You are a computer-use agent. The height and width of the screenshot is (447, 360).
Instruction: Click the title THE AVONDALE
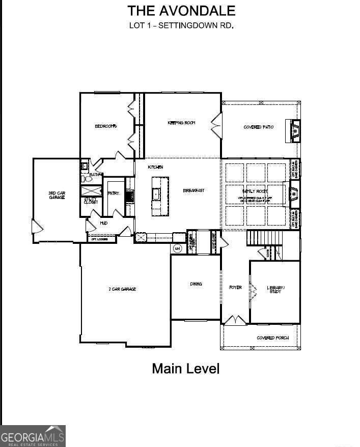[181, 11]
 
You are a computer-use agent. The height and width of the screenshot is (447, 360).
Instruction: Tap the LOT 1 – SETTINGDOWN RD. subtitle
[181, 25]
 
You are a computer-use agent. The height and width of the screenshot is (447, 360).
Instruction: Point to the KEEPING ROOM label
[182, 123]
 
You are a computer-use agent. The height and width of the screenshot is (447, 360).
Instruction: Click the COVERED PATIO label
[259, 127]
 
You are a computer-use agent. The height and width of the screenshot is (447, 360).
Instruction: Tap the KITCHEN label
[155, 167]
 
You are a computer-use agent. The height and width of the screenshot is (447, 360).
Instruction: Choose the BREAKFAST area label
[193, 190]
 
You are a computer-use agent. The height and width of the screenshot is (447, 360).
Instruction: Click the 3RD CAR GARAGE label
[57, 194]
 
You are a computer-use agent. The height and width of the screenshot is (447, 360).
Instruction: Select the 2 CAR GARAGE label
[122, 289]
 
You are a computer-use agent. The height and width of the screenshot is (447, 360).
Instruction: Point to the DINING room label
[196, 284]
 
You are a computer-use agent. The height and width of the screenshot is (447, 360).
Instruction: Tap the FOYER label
[235, 288]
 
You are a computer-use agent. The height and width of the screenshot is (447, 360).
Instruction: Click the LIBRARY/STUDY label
[275, 289]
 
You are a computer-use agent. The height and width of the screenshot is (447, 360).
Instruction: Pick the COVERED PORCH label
[272, 338]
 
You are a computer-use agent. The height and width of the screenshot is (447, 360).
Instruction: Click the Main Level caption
[185, 369]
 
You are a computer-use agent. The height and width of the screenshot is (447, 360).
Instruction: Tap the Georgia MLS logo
[33, 436]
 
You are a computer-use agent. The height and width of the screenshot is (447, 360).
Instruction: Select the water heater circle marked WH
[178, 248]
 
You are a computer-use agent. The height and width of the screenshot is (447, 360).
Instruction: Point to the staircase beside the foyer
[259, 238]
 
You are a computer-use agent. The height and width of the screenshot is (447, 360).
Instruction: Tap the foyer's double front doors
[235, 320]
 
